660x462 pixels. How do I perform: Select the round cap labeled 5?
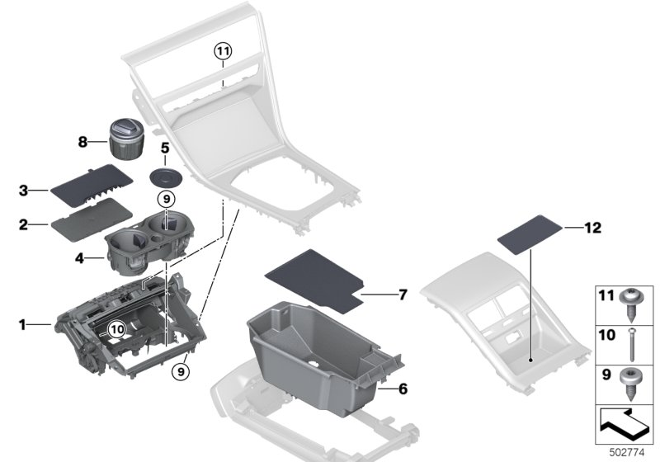pyautogui.click(x=167, y=177)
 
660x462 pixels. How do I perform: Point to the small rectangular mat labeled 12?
pyautogui.click(x=530, y=234)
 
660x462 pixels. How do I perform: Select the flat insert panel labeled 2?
pyautogui.click(x=92, y=219)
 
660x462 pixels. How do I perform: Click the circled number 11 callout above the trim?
pyautogui.click(x=223, y=51)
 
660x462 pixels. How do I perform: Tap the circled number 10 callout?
pyautogui.click(x=116, y=329)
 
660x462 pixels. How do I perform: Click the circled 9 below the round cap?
pyautogui.click(x=167, y=200)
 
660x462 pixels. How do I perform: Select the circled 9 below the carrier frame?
pyautogui.click(x=181, y=371)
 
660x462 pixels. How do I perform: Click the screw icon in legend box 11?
pyautogui.click(x=630, y=306)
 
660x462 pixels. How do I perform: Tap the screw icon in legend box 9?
pyautogui.click(x=630, y=384)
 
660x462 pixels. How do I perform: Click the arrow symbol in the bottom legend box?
pyautogui.click(x=624, y=425)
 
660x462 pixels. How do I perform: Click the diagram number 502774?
pyautogui.click(x=627, y=453)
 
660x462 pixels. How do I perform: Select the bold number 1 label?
pyautogui.click(x=22, y=325)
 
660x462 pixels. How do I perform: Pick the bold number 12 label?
pyautogui.click(x=592, y=228)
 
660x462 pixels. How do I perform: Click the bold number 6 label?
pyautogui.click(x=403, y=389)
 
